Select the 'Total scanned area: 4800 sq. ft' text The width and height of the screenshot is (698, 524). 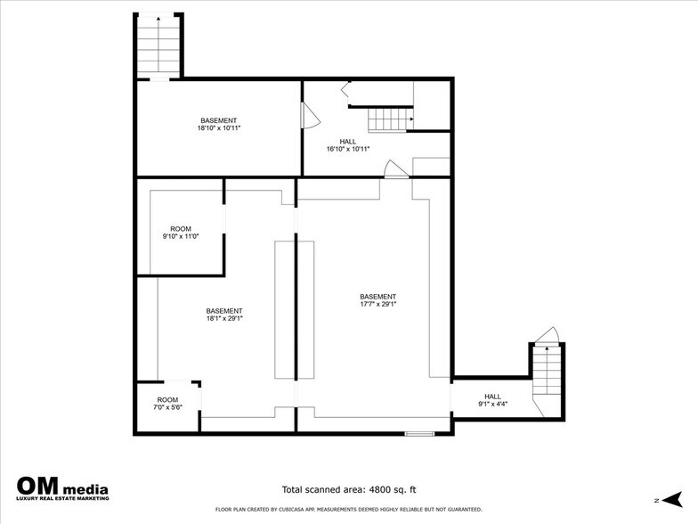(349, 489)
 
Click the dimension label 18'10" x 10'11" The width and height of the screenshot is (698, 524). (219, 128)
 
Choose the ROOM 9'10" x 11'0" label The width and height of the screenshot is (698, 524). (180, 233)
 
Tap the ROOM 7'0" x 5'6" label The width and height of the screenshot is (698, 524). (167, 404)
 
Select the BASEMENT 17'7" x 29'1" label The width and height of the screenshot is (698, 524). (377, 300)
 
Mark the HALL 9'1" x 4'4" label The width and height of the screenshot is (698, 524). (492, 400)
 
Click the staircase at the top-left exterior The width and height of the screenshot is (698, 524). (158, 46)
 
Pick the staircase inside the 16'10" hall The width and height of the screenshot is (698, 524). (390, 118)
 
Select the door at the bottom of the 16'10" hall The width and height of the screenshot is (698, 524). (392, 169)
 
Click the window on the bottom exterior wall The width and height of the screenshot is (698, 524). (418, 434)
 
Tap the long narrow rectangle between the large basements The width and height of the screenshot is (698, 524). (285, 308)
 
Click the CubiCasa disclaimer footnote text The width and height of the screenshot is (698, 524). (349, 510)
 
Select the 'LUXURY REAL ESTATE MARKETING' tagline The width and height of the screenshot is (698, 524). (62, 499)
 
